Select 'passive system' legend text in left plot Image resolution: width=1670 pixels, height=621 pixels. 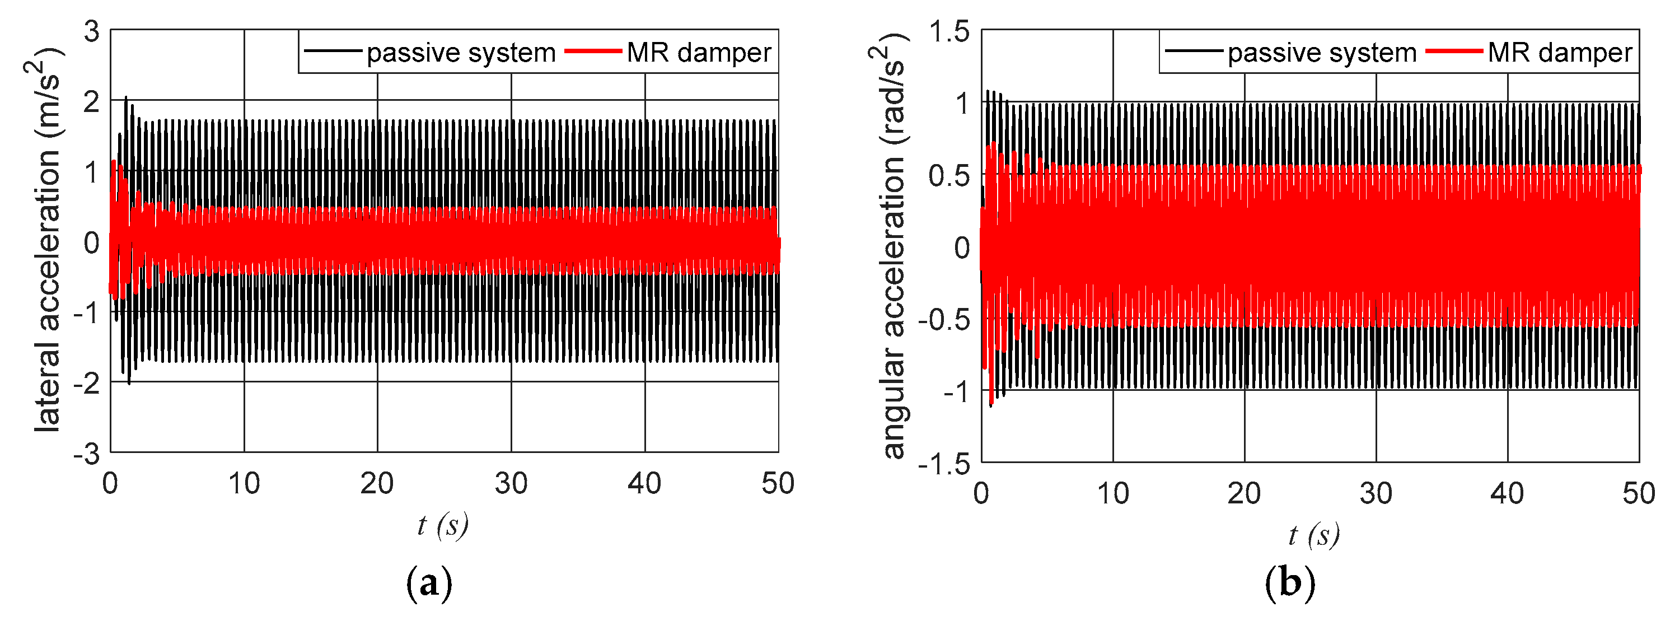pyautogui.click(x=461, y=53)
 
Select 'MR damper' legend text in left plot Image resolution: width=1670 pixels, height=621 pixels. pyautogui.click(x=699, y=53)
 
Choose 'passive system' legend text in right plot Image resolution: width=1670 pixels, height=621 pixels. pyautogui.click(x=1322, y=53)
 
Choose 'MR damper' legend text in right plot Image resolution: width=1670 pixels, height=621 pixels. pyautogui.click(x=1560, y=53)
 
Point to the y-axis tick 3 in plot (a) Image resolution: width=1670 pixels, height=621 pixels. pyautogui.click(x=91, y=31)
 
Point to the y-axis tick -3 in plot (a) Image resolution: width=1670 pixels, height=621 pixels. pyautogui.click(x=87, y=454)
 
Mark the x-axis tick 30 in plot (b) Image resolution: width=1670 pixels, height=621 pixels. pyautogui.click(x=1376, y=494)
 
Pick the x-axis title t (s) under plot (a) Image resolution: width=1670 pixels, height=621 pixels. pyautogui.click(x=443, y=525)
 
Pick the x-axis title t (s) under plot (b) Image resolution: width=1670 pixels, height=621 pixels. pyautogui.click(x=1314, y=535)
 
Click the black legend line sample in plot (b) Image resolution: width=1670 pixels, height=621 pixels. pyautogui.click(x=1194, y=51)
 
